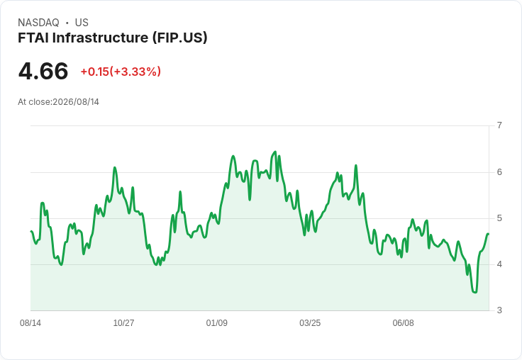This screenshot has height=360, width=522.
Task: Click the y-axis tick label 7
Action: pyautogui.click(x=499, y=125)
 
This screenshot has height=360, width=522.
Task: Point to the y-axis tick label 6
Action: pyautogui.click(x=499, y=172)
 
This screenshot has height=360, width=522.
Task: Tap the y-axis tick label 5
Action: pyautogui.click(x=499, y=218)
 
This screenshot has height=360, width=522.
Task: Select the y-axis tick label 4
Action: pyautogui.click(x=499, y=264)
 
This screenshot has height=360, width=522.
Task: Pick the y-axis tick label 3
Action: pyautogui.click(x=499, y=310)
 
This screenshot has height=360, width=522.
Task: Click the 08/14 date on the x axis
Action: pyautogui.click(x=30, y=323)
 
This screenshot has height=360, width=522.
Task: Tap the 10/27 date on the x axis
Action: pyautogui.click(x=123, y=323)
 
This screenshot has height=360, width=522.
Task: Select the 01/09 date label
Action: pyautogui.click(x=217, y=323)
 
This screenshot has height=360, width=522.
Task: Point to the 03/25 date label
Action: pyautogui.click(x=310, y=323)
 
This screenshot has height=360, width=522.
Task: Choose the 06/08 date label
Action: pyautogui.click(x=403, y=323)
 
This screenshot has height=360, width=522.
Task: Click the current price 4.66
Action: pyautogui.click(x=43, y=72)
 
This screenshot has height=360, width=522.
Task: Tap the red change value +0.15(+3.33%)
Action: pyautogui.click(x=121, y=72)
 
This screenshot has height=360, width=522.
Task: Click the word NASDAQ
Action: pyautogui.click(x=38, y=23)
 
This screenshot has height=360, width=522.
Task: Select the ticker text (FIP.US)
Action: pyautogui.click(x=179, y=38)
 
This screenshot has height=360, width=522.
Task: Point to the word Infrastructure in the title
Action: pyautogui.click(x=100, y=38)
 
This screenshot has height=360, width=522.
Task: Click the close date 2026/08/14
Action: pyautogui.click(x=76, y=102)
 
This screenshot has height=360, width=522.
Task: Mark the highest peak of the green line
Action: pyautogui.click(x=275, y=152)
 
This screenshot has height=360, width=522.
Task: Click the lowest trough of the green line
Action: pyautogui.click(x=474, y=293)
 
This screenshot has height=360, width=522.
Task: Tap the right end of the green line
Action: pyautogui.click(x=488, y=234)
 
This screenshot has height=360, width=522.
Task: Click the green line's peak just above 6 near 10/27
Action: pyautogui.click(x=115, y=167)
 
